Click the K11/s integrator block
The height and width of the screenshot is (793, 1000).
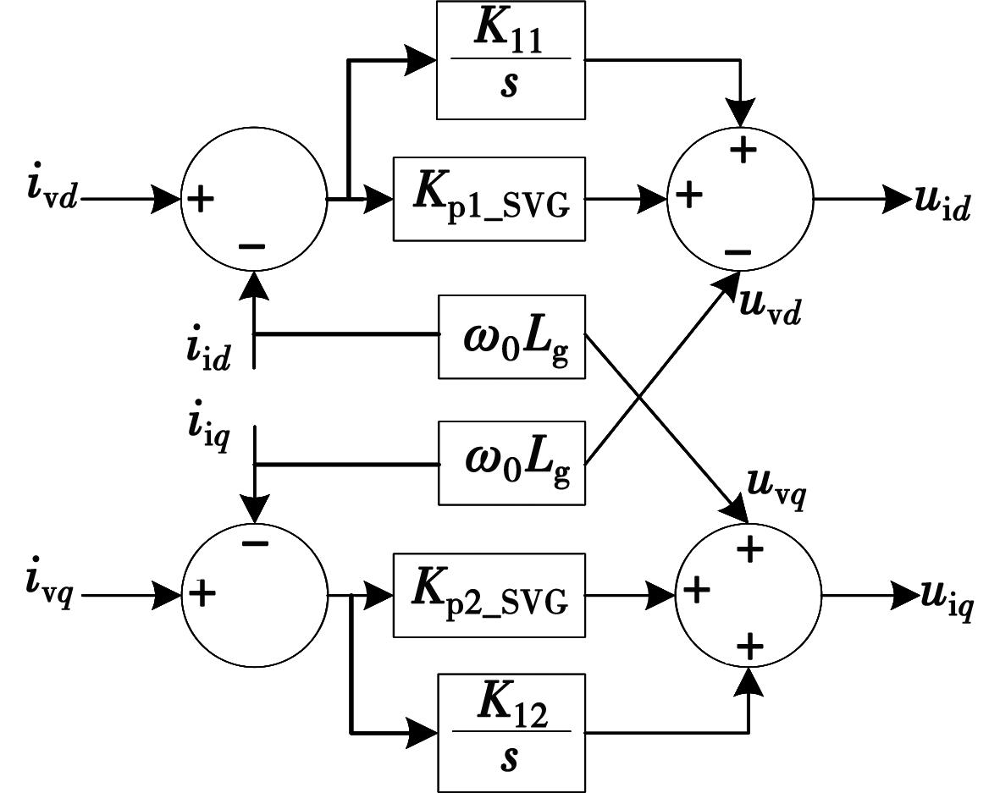pos(511,59)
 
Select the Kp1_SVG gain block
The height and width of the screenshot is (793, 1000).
pos(489,199)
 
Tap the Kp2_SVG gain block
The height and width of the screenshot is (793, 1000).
pos(489,594)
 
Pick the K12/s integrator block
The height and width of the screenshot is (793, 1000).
pos(511,733)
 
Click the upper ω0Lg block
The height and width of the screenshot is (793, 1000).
pos(511,336)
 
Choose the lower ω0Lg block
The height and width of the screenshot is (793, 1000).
pos(511,462)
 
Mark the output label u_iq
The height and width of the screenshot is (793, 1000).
pos(946,599)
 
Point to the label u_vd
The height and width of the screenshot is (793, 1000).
pos(770,304)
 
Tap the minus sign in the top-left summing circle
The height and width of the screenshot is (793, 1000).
pos(251,246)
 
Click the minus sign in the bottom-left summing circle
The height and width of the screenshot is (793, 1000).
pos(254,542)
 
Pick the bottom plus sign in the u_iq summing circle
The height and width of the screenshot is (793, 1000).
pos(749,647)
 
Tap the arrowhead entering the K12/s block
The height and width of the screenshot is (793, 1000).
pos(422,733)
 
